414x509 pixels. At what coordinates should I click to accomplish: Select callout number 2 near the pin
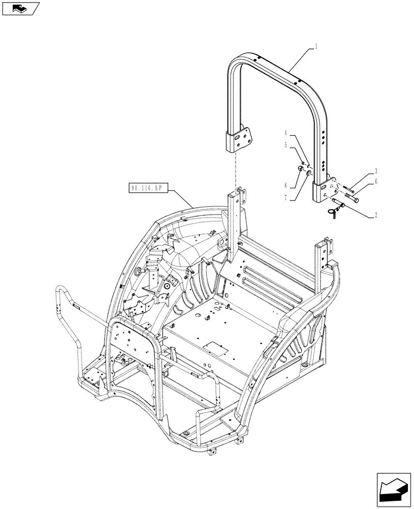tap(376, 215)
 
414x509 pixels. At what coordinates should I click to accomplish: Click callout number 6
tap(375, 182)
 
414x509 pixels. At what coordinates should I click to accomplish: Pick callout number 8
tap(286, 185)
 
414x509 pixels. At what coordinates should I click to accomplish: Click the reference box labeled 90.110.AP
tap(146, 188)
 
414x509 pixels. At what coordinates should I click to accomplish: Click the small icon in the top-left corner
tap(20, 8)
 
